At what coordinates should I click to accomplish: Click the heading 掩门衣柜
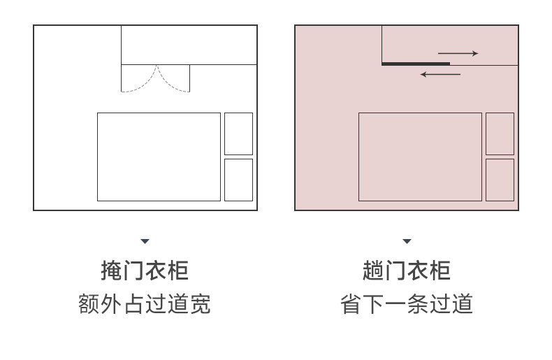(x=145, y=271)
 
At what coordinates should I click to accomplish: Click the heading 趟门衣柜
(x=407, y=271)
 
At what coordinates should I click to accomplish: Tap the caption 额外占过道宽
(x=145, y=304)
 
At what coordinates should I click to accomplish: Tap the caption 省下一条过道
(x=407, y=304)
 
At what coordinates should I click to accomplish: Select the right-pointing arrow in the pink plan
(x=458, y=53)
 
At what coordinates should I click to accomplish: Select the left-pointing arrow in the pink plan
(x=440, y=74)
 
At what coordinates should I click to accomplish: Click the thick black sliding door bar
(x=416, y=64)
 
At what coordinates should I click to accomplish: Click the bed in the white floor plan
(x=159, y=157)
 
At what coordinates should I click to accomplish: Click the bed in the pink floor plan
(x=420, y=157)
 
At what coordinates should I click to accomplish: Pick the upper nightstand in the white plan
(x=238, y=134)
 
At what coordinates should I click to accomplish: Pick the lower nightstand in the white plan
(x=238, y=180)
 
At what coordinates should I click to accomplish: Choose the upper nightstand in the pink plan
(x=500, y=134)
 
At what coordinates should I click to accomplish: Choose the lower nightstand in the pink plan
(x=500, y=180)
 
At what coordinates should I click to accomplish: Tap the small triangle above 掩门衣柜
(x=145, y=241)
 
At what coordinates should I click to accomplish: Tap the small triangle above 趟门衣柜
(x=407, y=241)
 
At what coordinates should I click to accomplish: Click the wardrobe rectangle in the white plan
(x=189, y=45)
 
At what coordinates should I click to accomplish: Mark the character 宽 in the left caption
(x=200, y=304)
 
